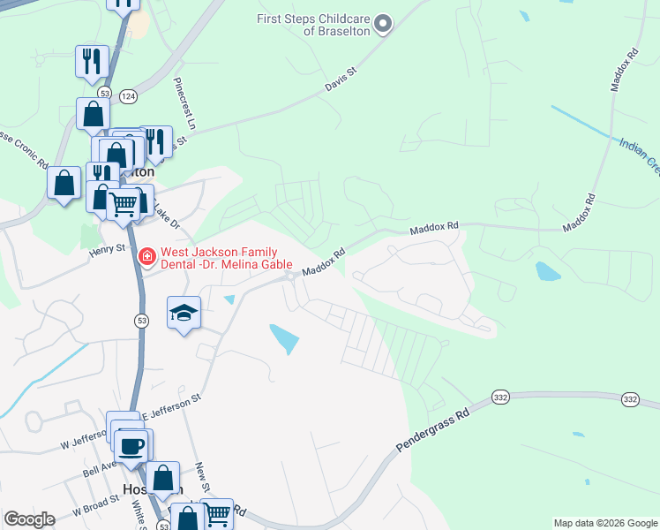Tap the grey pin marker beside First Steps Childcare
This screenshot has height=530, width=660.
[382, 25]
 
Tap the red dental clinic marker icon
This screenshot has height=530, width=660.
[147, 258]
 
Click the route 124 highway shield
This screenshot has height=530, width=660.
[128, 95]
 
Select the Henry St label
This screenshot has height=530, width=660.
[108, 250]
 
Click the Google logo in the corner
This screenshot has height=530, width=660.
[29, 520]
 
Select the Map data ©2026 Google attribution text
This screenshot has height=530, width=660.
[604, 523]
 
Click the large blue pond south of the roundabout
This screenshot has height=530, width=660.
[284, 338]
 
